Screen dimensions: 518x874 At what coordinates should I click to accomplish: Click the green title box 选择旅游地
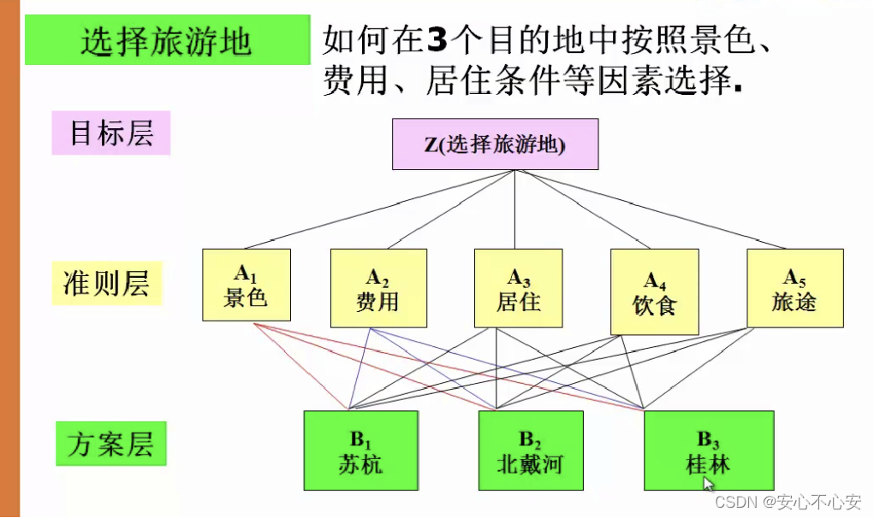[167, 41]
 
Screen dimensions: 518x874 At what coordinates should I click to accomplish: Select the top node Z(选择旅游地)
[495, 144]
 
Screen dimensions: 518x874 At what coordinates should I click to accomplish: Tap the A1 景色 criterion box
[247, 285]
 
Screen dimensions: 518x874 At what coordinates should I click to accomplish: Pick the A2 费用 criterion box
[378, 288]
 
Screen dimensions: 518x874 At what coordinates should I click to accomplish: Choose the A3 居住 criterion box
[518, 288]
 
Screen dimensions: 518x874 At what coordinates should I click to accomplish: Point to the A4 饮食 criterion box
[654, 291]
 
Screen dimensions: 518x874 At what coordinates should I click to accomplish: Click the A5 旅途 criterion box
[794, 288]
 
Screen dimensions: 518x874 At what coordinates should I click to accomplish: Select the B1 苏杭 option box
[360, 450]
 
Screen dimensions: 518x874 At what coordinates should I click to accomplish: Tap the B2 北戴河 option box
[530, 450]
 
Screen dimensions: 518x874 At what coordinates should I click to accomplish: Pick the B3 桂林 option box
[708, 450]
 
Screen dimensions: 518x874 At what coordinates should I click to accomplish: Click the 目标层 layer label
[110, 133]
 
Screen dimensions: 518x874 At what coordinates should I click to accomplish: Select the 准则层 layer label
[106, 284]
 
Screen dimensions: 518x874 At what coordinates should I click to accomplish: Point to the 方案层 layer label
[110, 444]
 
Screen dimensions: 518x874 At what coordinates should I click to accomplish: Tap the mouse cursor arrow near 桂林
[708, 484]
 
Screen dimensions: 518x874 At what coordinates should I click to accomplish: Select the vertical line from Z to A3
[514, 209]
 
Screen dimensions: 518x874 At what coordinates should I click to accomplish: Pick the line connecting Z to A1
[377, 210]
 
